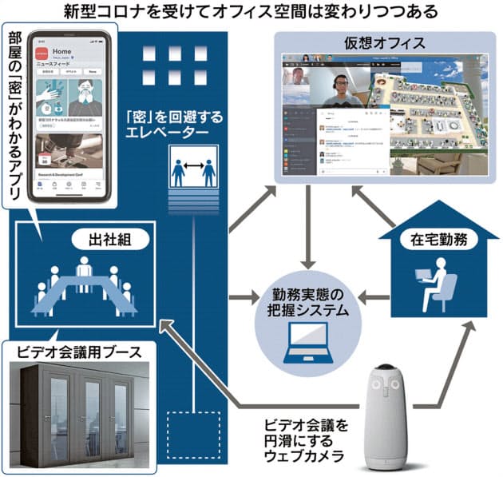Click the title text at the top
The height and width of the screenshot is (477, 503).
[252, 11]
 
